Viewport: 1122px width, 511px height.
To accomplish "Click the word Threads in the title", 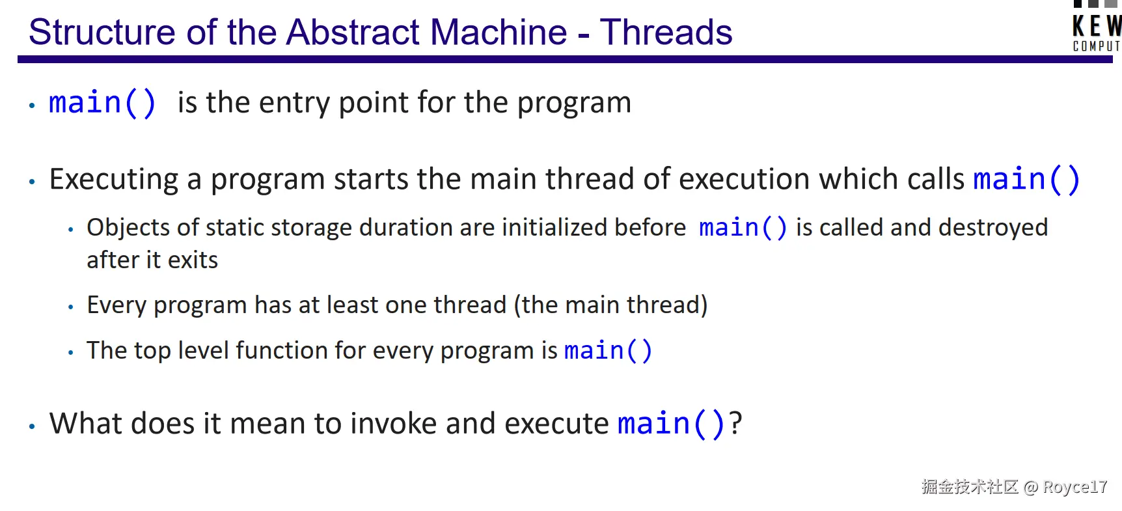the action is pyautogui.click(x=666, y=32).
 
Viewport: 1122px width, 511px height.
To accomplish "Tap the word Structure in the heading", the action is pyautogui.click(x=102, y=32).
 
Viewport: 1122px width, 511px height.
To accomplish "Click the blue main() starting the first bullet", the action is pyautogui.click(x=102, y=103).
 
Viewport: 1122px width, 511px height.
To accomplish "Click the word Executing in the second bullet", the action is pyautogui.click(x=114, y=179).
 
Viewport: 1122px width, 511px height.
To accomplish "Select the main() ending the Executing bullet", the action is pyautogui.click(x=1026, y=179).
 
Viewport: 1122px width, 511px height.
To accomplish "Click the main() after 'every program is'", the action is pyautogui.click(x=608, y=351).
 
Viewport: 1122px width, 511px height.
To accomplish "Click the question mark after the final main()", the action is pyautogui.click(x=735, y=423).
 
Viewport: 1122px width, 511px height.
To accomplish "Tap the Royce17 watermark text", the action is pyautogui.click(x=1074, y=487).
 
